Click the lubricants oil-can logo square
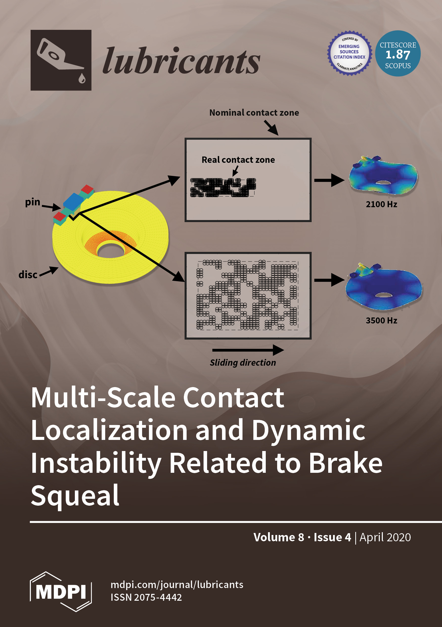point(61,60)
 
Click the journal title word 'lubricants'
point(181,61)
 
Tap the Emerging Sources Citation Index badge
point(349,53)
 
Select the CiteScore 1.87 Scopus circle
point(398,54)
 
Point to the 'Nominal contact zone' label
point(254,113)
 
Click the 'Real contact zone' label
point(238,160)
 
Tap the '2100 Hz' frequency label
point(381,204)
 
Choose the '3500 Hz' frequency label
point(381,320)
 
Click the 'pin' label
point(33,202)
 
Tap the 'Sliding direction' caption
point(243,363)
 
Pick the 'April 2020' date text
point(385,537)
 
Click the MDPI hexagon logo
point(61,592)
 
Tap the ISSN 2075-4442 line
point(146,597)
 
